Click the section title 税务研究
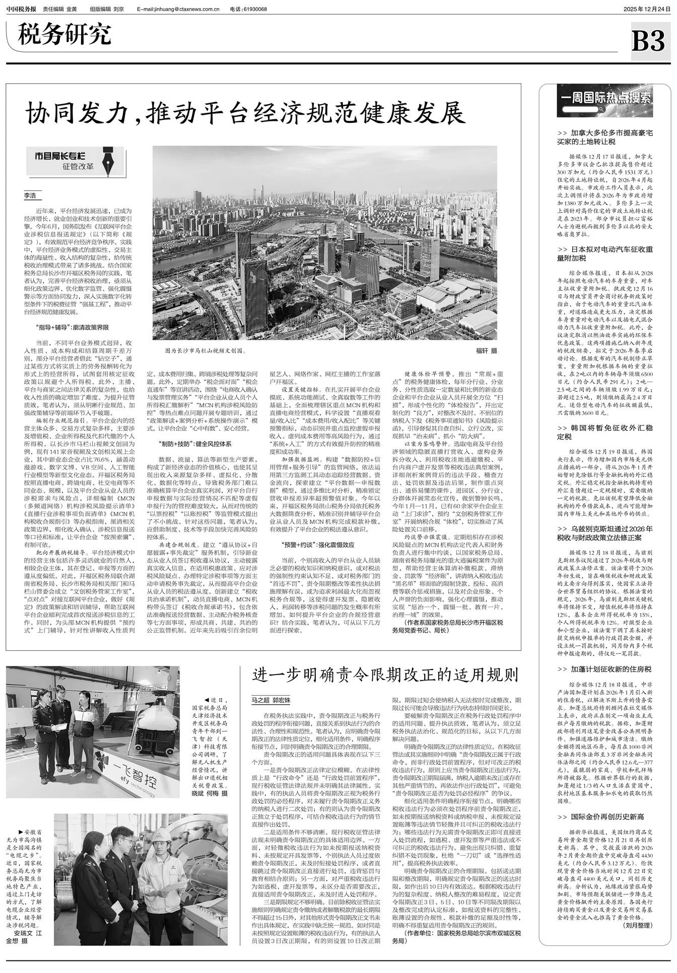(64, 35)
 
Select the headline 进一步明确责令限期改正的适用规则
(385, 675)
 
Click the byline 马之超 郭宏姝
(272, 700)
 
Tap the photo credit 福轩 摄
(487, 351)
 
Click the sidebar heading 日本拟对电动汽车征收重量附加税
(605, 254)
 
